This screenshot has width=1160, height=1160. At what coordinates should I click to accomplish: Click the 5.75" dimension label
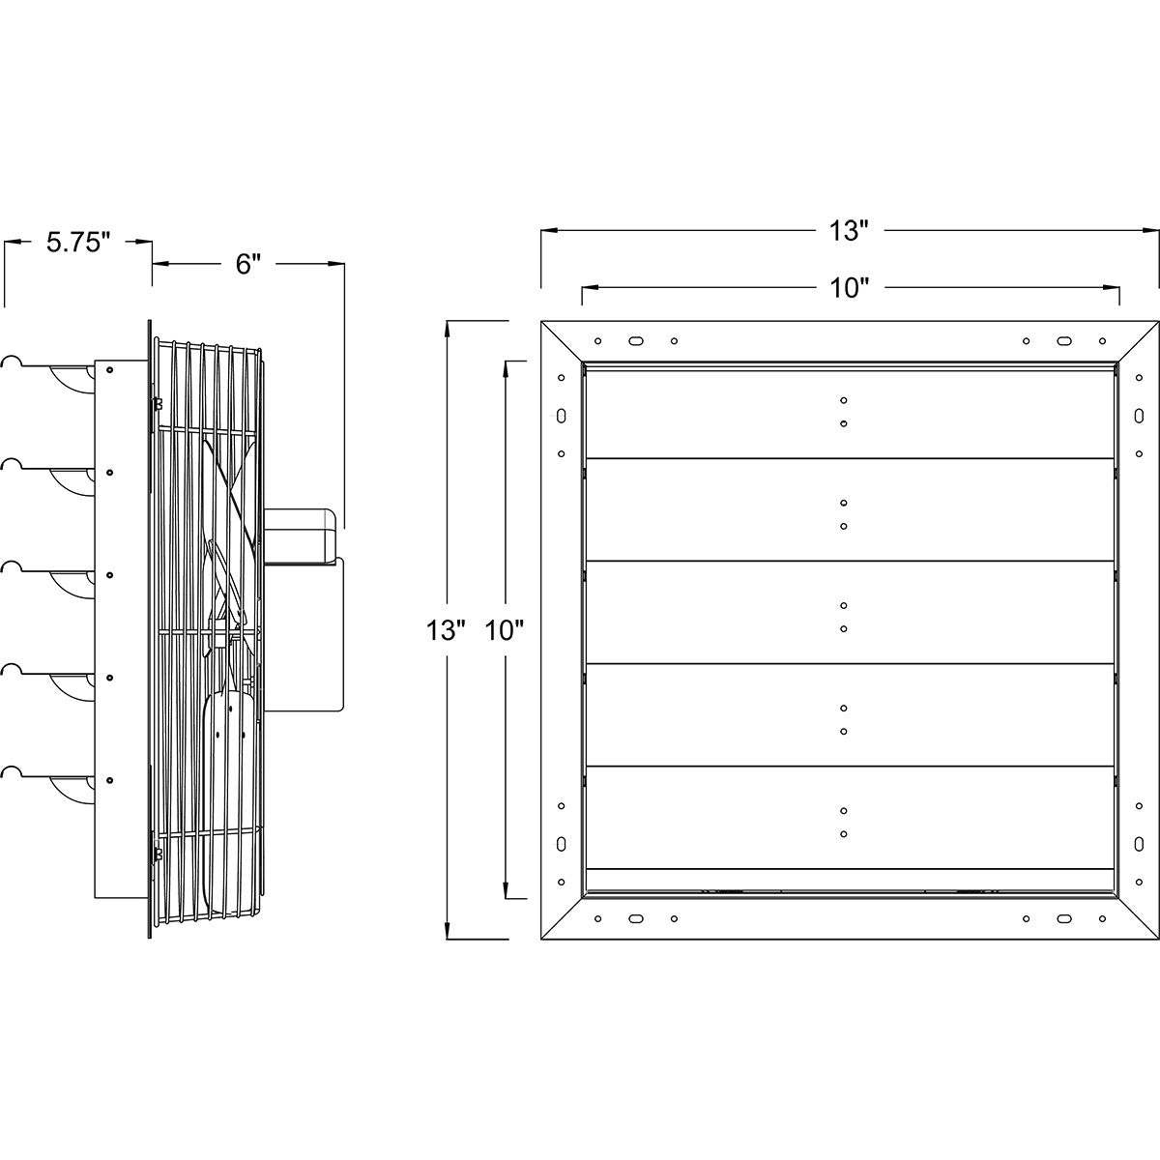pos(78,243)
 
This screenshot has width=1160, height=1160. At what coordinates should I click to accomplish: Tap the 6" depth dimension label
pos(247,264)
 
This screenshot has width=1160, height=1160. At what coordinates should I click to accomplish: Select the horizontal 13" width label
pos(849,231)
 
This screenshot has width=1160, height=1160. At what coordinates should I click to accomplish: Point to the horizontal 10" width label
pos(849,288)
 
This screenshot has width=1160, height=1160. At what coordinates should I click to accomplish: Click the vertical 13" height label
pos(447,630)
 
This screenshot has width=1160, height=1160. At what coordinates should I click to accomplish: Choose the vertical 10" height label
pos(505,630)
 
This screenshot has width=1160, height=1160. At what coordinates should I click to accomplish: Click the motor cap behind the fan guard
pos(299,536)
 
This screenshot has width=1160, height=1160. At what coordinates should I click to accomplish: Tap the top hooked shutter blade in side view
pos(48,374)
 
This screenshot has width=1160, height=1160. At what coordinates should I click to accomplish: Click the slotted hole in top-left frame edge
pos(635,340)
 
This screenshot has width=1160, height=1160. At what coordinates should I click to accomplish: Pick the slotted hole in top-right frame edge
pos(1063,340)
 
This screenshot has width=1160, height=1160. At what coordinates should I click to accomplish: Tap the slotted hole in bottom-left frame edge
pos(635,918)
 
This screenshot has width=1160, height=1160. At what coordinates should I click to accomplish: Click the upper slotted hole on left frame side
pos(561,416)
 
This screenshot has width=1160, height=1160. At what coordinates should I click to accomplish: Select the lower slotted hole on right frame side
pos(1139,844)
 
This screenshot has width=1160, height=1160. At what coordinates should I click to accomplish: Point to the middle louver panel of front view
pos(849,612)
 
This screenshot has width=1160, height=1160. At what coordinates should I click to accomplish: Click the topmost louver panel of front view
pos(849,414)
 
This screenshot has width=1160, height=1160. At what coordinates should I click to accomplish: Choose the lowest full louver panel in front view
pos(849,818)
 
